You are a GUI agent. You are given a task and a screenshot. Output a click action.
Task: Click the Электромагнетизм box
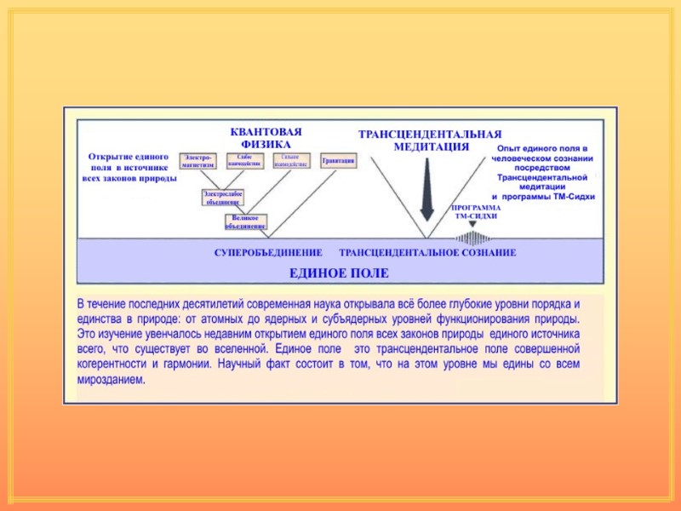coord(198,160)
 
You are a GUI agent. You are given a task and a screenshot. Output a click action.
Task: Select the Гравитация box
coord(338,160)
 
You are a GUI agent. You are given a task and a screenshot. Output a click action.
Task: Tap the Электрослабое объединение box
coord(221,198)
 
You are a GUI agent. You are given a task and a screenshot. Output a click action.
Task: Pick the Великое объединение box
coord(245,221)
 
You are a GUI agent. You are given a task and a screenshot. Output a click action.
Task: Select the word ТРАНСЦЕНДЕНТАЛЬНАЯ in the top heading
coord(430,135)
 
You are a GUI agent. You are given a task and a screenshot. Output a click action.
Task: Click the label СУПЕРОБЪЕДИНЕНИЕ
coord(267,253)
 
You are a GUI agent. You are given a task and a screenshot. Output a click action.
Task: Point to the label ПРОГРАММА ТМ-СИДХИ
coord(476,212)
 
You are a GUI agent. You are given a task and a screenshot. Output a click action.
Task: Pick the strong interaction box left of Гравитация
coord(291,160)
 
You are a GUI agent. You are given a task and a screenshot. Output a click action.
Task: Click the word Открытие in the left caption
coord(110,157)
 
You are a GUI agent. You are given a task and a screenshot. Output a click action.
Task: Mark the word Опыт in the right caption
coord(507,150)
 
